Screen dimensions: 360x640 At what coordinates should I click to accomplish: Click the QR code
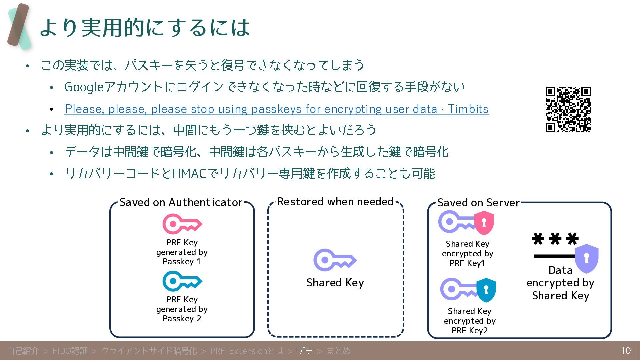[x=568, y=109]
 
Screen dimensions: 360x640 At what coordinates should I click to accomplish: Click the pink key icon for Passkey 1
[x=182, y=224]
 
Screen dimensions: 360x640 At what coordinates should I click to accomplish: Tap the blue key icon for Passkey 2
[x=182, y=281]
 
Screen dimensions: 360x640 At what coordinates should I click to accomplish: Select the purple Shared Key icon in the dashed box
[x=334, y=260]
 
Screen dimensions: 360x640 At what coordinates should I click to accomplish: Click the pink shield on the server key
[x=484, y=223]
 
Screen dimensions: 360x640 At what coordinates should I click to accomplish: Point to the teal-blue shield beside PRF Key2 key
[x=486, y=290]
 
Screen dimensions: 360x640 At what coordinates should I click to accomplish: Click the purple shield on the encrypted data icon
[x=586, y=259]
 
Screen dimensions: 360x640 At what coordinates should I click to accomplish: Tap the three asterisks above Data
[x=555, y=239]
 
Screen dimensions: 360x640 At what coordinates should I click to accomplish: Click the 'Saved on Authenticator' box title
[x=181, y=202]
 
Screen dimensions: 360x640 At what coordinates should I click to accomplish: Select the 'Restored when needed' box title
[x=335, y=202]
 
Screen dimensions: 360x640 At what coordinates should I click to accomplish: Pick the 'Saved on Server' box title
[x=478, y=203]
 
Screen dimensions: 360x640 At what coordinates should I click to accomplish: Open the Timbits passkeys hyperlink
[x=277, y=109]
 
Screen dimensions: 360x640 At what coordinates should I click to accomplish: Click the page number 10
[x=626, y=351]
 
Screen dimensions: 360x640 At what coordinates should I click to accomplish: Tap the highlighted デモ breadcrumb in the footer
[x=305, y=351]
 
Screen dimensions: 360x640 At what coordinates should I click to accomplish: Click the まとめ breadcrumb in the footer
[x=338, y=351]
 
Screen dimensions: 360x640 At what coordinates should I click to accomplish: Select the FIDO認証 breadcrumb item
[x=70, y=351]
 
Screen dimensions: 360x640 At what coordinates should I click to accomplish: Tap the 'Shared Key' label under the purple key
[x=335, y=283]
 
